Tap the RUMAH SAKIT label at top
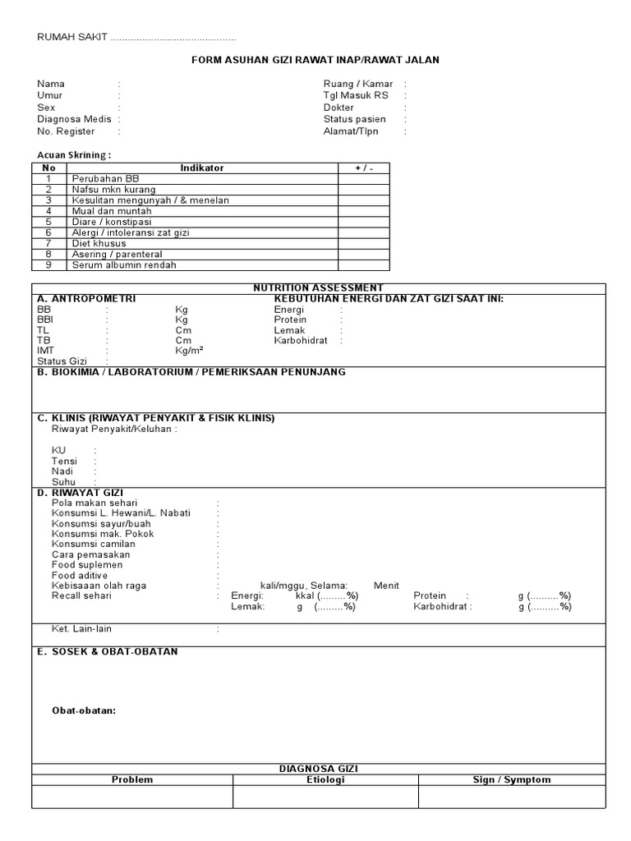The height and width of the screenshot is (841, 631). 72,39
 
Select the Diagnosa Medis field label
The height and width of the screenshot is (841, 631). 74,119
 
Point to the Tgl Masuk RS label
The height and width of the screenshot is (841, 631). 356,95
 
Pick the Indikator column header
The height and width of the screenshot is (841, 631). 201,168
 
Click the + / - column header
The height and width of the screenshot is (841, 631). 364,168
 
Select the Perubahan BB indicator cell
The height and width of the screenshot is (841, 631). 106,178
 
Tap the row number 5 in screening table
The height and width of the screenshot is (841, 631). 48,222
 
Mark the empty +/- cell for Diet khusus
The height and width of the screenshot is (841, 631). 364,243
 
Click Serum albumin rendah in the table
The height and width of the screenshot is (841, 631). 124,264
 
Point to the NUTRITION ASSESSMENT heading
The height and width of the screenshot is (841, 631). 318,287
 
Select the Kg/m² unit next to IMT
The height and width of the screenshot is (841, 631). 189,351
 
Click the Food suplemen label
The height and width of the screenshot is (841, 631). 87,565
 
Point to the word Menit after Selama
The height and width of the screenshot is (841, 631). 386,586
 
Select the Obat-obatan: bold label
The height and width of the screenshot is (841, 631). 84,710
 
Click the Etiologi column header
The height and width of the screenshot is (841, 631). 325,779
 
